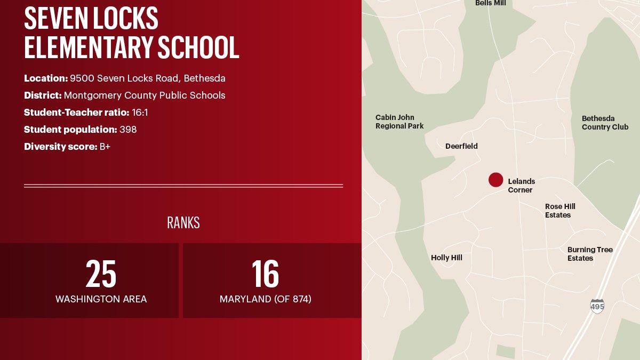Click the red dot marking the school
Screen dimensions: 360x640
495,180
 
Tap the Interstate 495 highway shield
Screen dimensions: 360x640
597,306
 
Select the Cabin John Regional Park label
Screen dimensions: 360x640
399,122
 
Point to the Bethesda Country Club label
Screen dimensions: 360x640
605,123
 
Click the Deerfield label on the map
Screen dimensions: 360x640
461,146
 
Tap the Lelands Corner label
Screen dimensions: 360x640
521,186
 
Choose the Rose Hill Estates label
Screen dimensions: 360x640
560,211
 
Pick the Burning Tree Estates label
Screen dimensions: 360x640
590,254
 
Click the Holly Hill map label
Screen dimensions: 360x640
446,258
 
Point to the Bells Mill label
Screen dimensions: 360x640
490,3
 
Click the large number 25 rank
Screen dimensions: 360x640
101,274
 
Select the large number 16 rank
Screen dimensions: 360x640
265,274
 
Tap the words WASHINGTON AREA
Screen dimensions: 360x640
101,299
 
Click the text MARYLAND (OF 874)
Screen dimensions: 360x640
265,299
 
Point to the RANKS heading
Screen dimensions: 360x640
183,223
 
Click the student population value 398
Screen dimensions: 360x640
128,130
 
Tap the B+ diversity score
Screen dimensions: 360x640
105,147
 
